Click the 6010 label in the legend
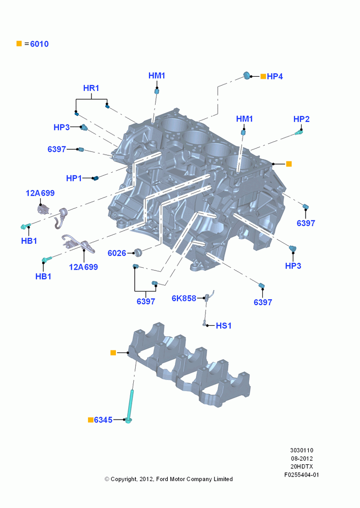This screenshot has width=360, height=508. click(x=39, y=44)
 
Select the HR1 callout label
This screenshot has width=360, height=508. click(x=91, y=88)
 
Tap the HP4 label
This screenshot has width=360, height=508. click(x=275, y=77)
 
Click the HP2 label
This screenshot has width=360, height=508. click(x=302, y=119)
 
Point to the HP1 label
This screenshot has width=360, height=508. click(x=74, y=178)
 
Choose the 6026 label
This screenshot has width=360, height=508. click(x=117, y=253)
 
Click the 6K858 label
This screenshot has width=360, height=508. click(x=184, y=298)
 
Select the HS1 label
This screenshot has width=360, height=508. click(x=224, y=326)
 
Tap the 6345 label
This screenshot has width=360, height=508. click(x=103, y=420)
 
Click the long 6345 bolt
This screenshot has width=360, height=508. click(x=130, y=406)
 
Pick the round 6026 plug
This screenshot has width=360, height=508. click(x=138, y=252)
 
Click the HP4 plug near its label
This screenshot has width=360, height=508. click(x=247, y=76)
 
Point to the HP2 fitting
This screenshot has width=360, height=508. click(x=299, y=132)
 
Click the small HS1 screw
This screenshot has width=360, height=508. click(x=204, y=323)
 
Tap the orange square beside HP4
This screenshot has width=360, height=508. click(x=263, y=77)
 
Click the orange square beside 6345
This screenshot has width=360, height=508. click(x=91, y=420)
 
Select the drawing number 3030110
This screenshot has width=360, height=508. click(x=302, y=450)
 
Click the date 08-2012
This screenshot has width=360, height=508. click(x=302, y=458)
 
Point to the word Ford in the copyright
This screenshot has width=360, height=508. click(x=162, y=479)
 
